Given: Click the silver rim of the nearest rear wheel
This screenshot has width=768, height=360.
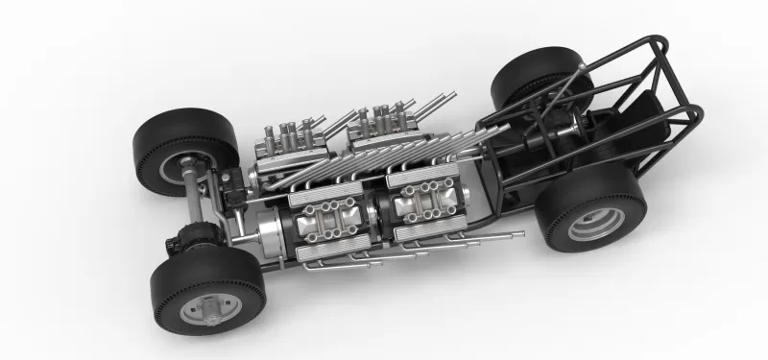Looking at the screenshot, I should point(595,223).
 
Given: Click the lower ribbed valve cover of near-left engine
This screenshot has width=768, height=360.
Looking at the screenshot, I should point(331,252).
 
